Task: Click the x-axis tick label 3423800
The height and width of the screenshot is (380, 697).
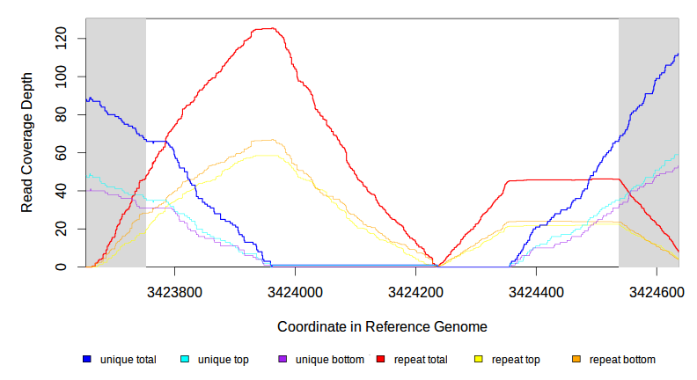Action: click(175, 290)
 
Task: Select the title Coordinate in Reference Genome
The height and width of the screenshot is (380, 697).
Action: click(382, 326)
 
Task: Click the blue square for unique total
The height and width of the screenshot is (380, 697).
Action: click(87, 359)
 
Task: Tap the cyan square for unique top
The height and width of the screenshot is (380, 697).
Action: click(185, 359)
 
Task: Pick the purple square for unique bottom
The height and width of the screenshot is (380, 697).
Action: click(282, 359)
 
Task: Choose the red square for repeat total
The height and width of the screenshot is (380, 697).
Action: click(380, 359)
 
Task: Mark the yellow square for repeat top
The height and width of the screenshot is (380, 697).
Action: click(479, 359)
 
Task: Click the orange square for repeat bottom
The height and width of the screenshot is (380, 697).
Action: click(576, 359)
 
